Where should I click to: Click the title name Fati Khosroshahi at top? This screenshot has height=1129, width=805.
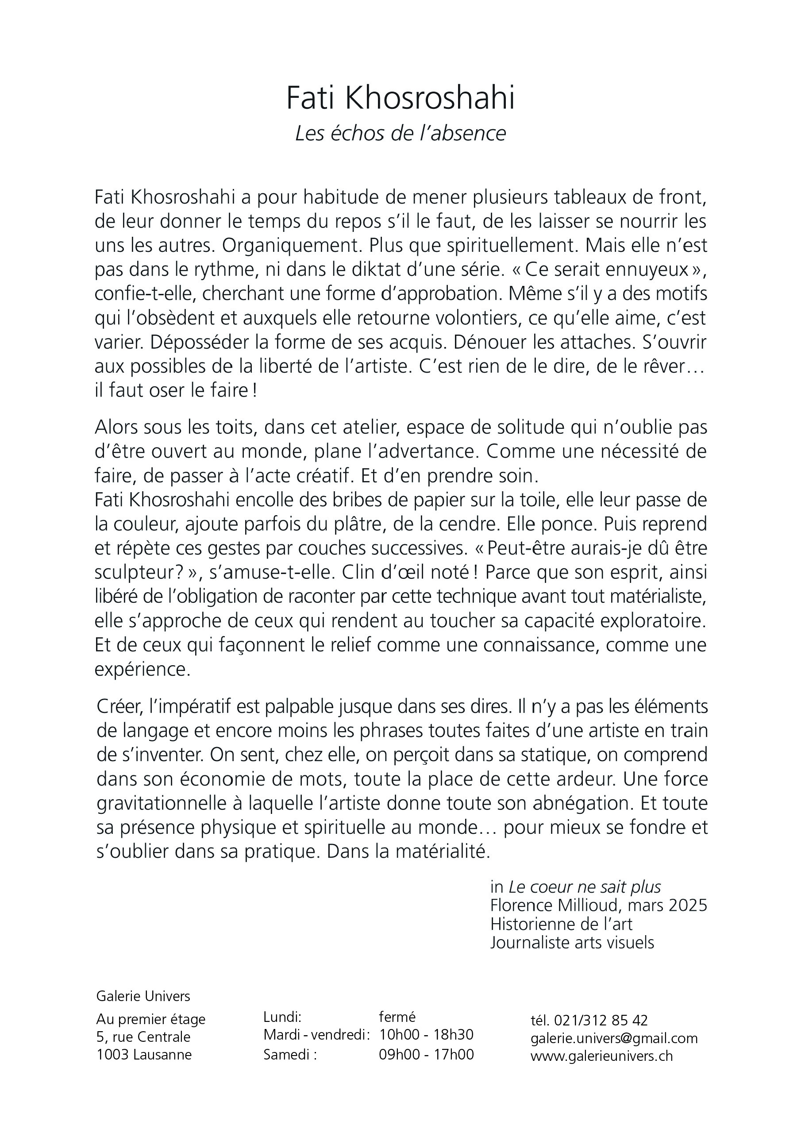pyautogui.click(x=401, y=98)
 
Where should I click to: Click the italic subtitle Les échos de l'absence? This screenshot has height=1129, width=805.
pyautogui.click(x=401, y=134)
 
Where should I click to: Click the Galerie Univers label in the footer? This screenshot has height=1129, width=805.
pyautogui.click(x=143, y=996)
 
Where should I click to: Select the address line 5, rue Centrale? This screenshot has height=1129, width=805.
pyautogui.click(x=143, y=1037)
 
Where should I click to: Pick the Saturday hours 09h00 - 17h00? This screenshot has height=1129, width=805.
pyautogui.click(x=426, y=1054)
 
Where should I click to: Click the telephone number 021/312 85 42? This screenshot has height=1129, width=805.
pyautogui.click(x=601, y=1021)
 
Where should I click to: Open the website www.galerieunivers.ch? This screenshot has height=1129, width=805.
pyautogui.click(x=602, y=1056)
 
